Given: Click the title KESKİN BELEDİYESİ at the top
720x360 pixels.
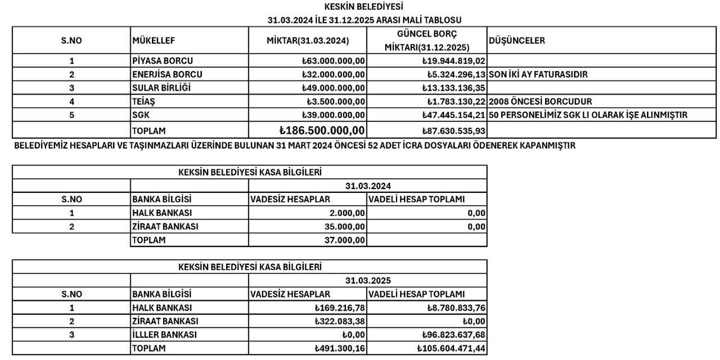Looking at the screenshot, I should (364, 7).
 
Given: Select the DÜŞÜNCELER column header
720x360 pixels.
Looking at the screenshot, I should (517, 40).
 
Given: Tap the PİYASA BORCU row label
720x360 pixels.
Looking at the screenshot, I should (163, 61).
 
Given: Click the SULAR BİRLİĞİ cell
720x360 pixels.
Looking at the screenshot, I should (161, 88).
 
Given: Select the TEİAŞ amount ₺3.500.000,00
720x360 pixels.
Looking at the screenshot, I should (336, 101).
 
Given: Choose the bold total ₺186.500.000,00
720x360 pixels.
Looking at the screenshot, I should (322, 130).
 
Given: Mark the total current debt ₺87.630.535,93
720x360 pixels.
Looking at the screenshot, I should (454, 130).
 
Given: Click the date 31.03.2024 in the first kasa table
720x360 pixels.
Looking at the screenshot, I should (368, 186).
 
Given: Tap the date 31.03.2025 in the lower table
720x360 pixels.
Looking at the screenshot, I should (368, 280).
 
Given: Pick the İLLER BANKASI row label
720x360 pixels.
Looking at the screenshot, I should (164, 335).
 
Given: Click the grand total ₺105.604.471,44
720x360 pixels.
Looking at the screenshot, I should (451, 349).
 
